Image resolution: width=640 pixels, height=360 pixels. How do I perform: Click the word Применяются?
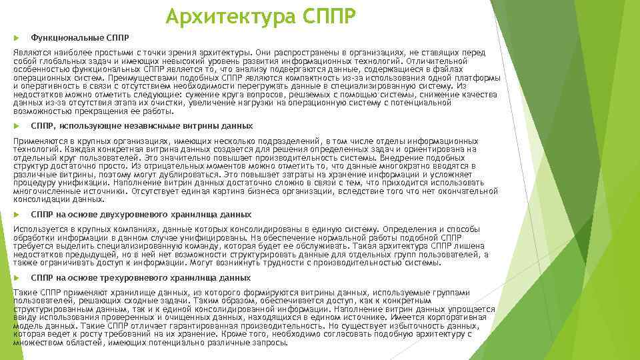42,141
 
